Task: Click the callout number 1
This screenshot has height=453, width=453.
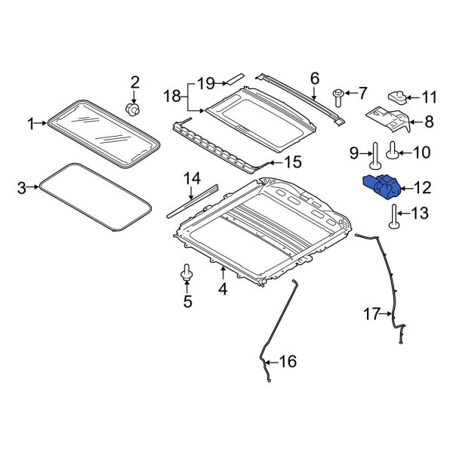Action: (x=32, y=123)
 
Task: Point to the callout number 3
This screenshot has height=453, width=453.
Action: (x=22, y=186)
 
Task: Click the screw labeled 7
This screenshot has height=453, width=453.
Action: (x=338, y=96)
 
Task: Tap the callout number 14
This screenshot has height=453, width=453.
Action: (x=192, y=179)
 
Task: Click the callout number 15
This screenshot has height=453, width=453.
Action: (x=292, y=162)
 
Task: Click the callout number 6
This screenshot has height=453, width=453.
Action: (x=315, y=77)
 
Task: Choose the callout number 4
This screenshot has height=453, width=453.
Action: (x=222, y=288)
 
